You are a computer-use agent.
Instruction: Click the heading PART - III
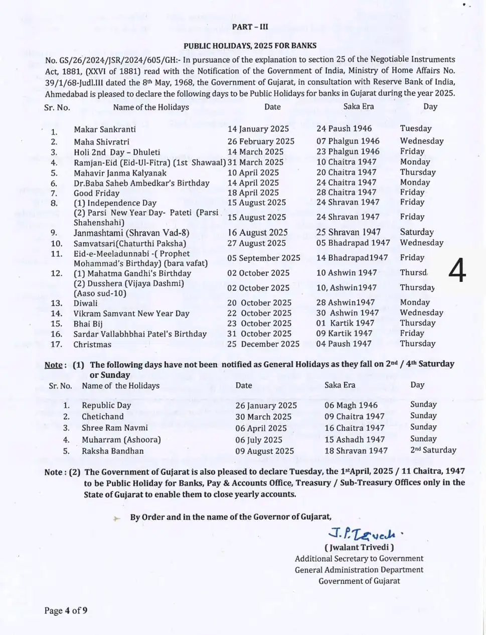[250, 27]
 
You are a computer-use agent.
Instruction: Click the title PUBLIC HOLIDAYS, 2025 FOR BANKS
[250, 46]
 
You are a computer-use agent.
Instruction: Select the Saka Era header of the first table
[358, 106]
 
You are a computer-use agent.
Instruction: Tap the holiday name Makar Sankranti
[105, 129]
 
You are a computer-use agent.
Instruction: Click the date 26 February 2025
[261, 141]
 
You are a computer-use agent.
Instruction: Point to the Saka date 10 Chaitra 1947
[346, 162]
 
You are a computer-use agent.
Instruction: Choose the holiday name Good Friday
[96, 193]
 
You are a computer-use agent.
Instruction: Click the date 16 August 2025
[257, 233]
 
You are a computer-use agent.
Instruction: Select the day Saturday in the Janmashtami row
[416, 232]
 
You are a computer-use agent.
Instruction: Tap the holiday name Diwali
[86, 303]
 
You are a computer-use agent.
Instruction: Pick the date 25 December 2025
[263, 344]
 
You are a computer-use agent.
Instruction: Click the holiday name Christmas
[92, 345]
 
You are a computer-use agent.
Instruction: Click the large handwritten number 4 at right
[456, 271]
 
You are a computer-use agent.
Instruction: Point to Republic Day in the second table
[106, 405]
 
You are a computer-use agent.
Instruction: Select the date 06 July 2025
[259, 440]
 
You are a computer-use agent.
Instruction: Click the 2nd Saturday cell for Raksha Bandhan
[433, 450]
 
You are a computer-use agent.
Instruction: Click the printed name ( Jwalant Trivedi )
[359, 547]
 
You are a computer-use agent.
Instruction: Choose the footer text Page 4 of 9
[66, 610]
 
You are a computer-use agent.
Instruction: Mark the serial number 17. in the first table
[56, 345]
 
